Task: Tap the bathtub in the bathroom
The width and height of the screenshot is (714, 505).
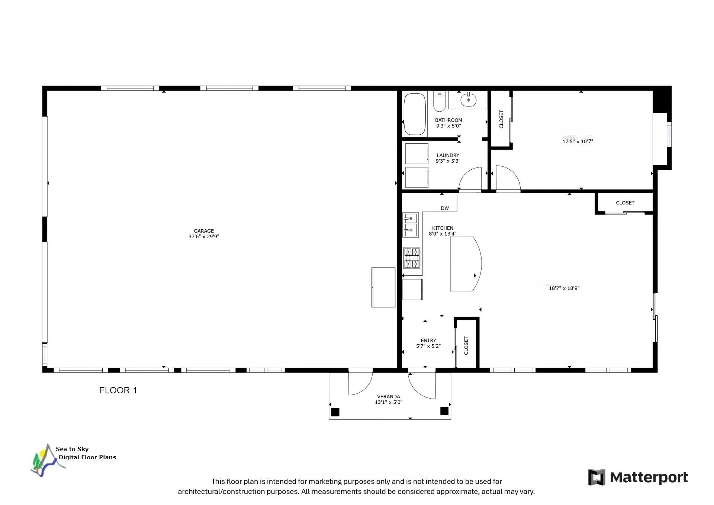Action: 415,114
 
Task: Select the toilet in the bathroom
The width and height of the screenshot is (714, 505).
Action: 439,101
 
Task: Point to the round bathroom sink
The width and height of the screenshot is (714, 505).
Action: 468,100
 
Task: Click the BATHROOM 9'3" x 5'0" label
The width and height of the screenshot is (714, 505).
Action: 448,123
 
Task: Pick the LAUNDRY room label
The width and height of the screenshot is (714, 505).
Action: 448,155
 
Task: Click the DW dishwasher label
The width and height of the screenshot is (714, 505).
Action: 445,208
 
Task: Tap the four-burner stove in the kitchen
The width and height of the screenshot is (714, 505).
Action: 412,258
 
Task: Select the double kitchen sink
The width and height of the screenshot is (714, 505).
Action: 411,225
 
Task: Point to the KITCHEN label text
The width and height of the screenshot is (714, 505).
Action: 443,228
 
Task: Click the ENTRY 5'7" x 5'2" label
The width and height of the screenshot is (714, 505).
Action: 428,343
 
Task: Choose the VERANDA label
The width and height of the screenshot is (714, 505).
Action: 389,397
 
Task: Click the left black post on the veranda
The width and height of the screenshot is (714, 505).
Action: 335,412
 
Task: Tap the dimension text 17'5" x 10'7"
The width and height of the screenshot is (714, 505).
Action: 578,141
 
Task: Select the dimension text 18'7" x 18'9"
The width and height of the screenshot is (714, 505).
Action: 564,288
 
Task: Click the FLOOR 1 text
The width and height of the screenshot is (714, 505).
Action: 118,390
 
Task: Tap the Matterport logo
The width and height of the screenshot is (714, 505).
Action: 638,477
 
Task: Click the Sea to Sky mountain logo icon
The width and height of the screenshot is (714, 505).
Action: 47,460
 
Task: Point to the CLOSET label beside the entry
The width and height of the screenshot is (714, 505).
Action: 466,346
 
